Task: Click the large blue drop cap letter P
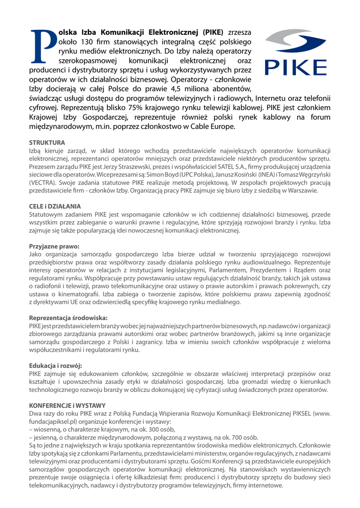click(x=43, y=46)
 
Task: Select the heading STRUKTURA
click(x=47, y=143)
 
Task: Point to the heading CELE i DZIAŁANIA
click(x=55, y=206)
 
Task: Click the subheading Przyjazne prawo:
click(x=54, y=246)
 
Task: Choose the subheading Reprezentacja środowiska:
click(x=69, y=317)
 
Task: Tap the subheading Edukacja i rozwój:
click(x=56, y=366)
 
